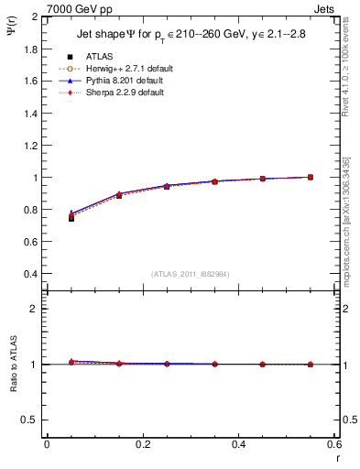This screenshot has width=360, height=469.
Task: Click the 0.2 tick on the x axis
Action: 142,444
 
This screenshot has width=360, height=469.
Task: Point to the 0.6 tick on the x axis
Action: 333,444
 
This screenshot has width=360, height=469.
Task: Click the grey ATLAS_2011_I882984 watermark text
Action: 190,274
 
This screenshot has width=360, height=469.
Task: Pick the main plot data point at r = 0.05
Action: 71,217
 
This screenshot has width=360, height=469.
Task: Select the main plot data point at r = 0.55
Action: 311,177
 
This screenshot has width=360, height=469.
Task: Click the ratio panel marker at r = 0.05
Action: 71,362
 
